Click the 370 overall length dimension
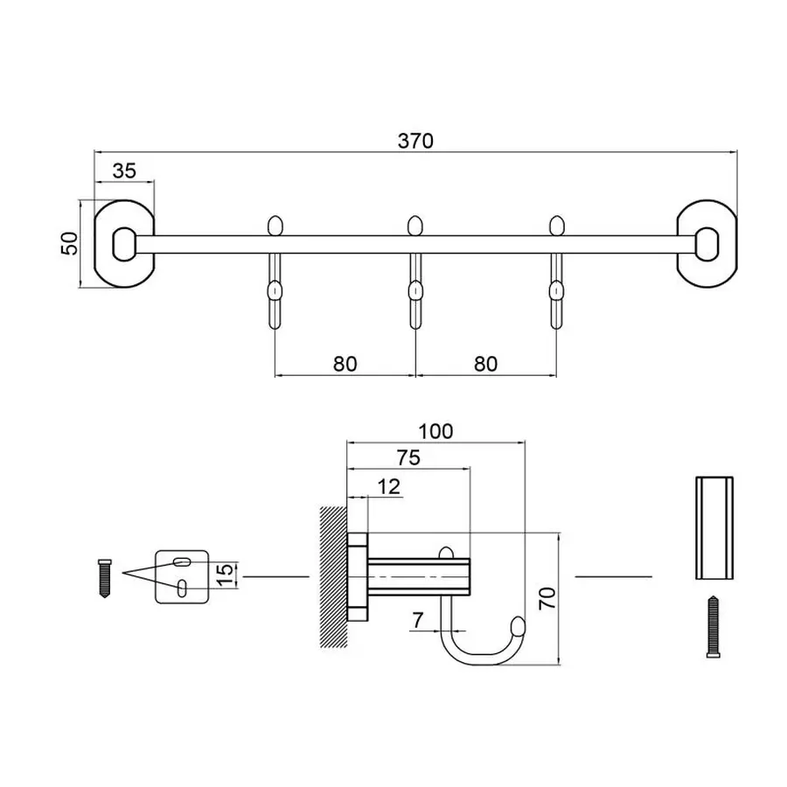[x=416, y=140]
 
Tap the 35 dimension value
[x=124, y=171]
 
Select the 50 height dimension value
[x=68, y=244]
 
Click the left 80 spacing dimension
[x=345, y=363]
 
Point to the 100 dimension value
[x=435, y=430]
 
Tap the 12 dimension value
[x=389, y=486]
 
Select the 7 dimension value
[x=417, y=620]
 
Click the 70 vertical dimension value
[x=547, y=599]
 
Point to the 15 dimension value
[x=224, y=575]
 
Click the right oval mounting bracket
[x=707, y=244]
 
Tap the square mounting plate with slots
[x=182, y=576]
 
